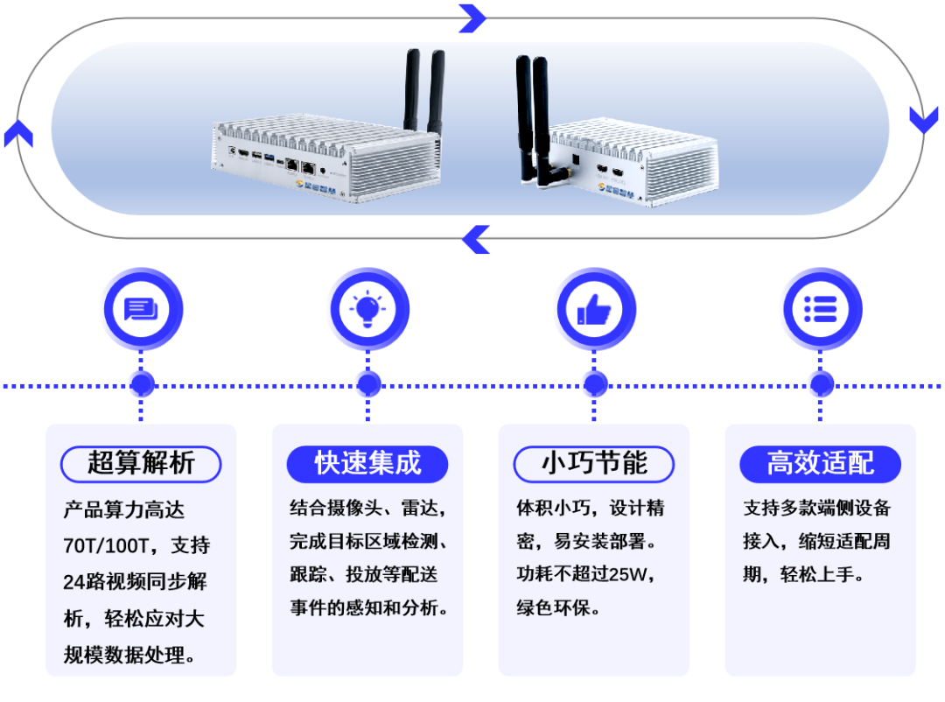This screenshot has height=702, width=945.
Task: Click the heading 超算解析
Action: pos(141,462)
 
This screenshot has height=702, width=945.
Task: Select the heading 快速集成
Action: pos(367,462)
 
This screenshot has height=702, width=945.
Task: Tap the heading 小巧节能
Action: pos(594,462)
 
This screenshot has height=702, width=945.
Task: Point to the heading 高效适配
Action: pos(821,462)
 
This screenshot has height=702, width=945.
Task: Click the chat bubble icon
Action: pos(141,309)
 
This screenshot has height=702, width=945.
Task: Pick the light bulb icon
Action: pos(367,309)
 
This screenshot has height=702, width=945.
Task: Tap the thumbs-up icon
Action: pos(594,309)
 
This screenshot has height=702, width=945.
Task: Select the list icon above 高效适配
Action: pos(821,309)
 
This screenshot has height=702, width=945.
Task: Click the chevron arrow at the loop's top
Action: pos(472,17)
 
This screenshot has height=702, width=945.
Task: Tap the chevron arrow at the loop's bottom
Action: pos(476,239)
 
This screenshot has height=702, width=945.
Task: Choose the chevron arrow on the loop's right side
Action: pos(924,119)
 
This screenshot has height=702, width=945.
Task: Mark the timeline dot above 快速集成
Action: pos(367,384)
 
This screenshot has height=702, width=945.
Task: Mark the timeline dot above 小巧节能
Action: pos(594,384)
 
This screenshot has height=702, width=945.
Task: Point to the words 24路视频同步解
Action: pos(135,582)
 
